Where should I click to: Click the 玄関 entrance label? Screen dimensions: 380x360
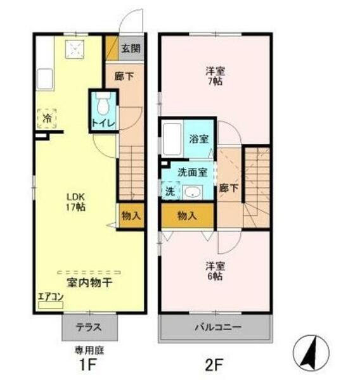[132, 48]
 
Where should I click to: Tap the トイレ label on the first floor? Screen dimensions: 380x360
[102, 123]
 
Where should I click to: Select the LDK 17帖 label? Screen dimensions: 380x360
[75, 201]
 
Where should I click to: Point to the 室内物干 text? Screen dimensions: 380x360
[89, 282]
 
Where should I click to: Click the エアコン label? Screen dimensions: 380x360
[49, 295]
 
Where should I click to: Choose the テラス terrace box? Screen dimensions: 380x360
[89, 329]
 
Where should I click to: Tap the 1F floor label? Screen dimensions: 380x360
[87, 364]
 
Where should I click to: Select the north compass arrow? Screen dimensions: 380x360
[311, 351]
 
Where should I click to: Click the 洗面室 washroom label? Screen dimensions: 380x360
[191, 171]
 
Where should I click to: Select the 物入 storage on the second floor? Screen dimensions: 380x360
[187, 215]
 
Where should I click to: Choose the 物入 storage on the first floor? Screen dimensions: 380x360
[131, 215]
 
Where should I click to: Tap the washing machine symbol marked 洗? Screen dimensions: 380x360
[169, 191]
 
